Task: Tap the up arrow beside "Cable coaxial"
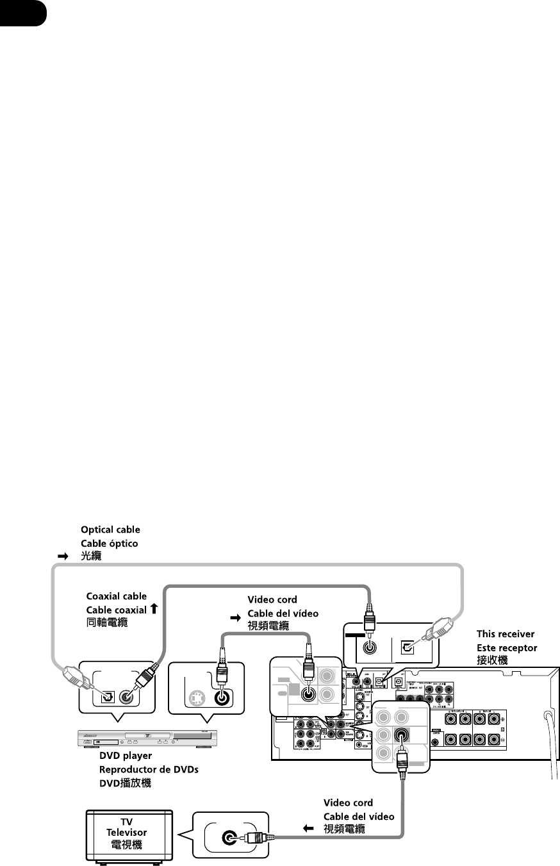point(154,608)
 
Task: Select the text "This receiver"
point(507,633)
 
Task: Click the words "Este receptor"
point(507,645)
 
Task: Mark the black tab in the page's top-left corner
point(23,12)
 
